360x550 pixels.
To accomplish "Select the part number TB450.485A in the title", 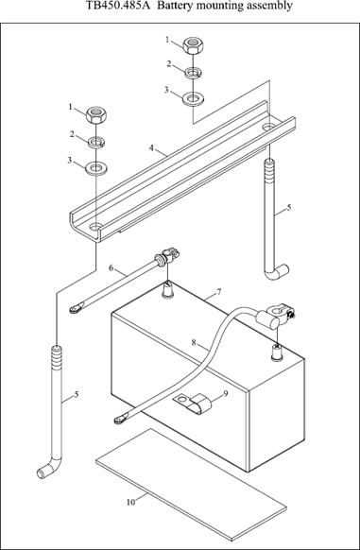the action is (x=116, y=6).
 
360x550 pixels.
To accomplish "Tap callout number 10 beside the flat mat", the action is (x=130, y=503).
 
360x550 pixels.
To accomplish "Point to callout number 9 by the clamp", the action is (x=226, y=393).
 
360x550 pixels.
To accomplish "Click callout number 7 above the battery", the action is (x=219, y=291).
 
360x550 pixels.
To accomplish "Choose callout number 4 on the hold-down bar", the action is (x=151, y=148).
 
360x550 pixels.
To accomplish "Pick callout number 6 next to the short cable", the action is (x=111, y=268).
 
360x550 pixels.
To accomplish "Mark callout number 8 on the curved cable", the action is (x=194, y=342).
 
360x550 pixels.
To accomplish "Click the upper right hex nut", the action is (x=193, y=45).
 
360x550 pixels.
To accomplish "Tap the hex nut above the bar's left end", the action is (x=96, y=114).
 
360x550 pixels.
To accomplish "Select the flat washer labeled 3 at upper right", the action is (x=192, y=98).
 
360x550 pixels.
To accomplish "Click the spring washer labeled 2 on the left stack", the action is (x=96, y=142).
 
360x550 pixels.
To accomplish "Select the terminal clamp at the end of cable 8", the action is (x=277, y=313).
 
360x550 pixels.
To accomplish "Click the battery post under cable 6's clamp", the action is (x=168, y=290).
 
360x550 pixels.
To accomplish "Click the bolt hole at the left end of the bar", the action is (x=95, y=226).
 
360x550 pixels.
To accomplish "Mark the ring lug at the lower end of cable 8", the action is (x=121, y=419).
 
